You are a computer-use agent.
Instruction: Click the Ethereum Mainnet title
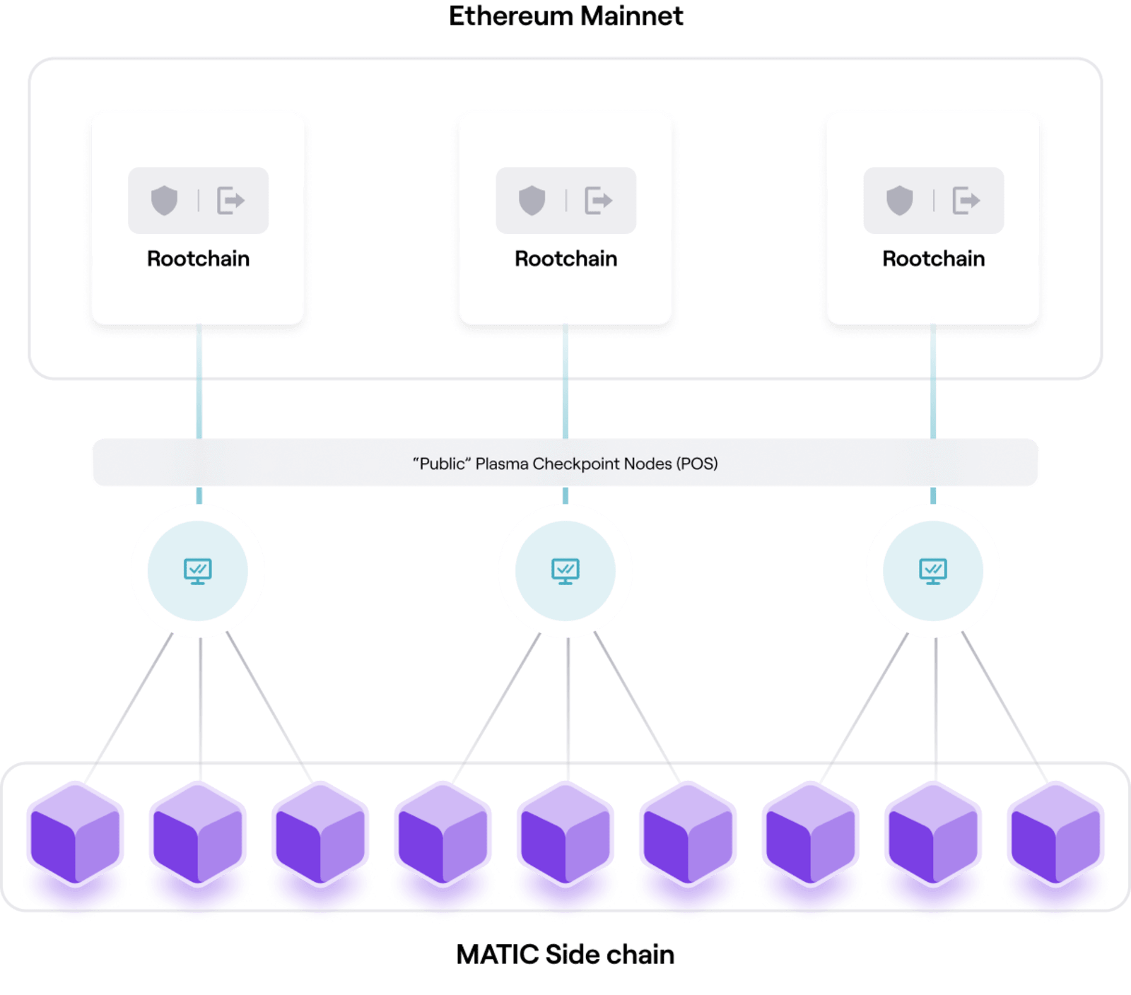click(565, 16)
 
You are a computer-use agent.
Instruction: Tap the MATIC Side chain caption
click(565, 955)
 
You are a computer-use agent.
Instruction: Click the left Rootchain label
click(198, 259)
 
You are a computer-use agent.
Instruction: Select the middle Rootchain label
click(565, 259)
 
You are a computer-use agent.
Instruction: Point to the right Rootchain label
click(933, 259)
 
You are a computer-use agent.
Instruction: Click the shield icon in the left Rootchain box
click(164, 201)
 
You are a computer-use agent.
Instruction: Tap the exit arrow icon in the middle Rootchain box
click(598, 201)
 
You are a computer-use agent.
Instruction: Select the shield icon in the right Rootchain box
click(899, 201)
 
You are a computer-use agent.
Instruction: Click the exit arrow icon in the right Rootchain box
click(966, 201)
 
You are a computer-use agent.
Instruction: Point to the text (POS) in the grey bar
click(697, 464)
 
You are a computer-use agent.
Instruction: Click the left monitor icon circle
click(198, 571)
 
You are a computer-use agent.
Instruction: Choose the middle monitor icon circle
click(565, 571)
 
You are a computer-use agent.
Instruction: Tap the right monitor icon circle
click(933, 571)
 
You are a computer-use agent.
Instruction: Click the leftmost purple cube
click(75, 834)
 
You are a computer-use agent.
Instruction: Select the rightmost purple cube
click(1055, 834)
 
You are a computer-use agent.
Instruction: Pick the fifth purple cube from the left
click(565, 834)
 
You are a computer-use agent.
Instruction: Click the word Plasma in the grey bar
click(501, 464)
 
